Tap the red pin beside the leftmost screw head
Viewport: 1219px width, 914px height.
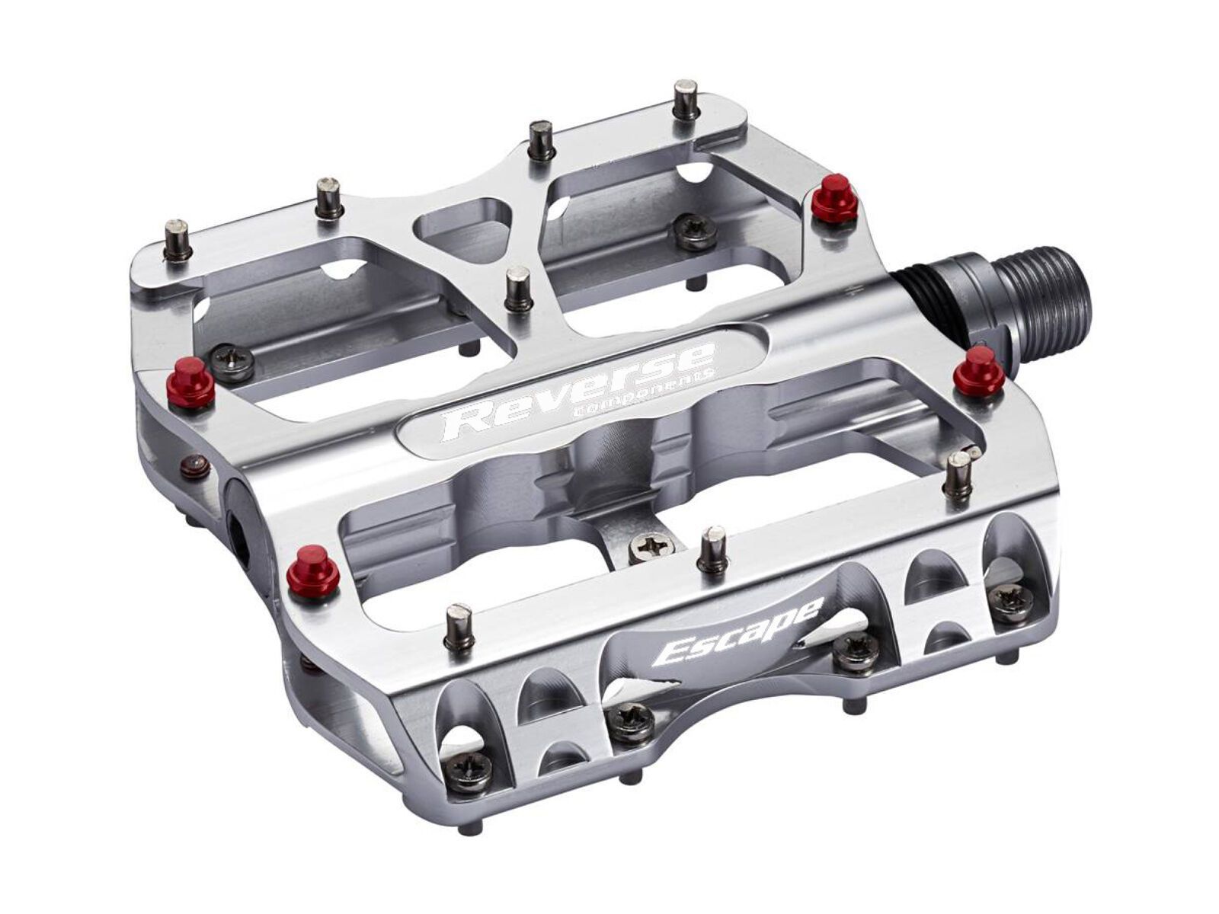[191, 382]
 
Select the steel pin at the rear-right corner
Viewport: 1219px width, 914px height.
[686, 99]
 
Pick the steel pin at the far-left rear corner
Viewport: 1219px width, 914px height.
[178, 239]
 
